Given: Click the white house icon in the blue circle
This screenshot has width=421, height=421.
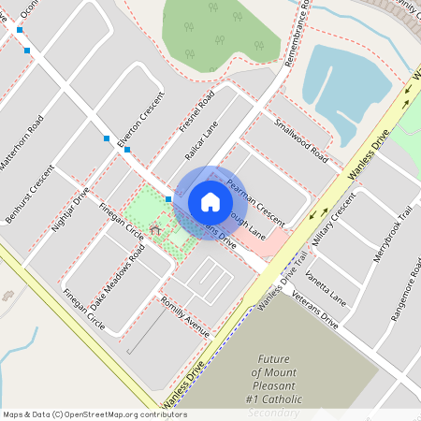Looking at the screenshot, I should click(210, 202).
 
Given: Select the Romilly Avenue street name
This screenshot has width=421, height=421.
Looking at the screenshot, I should click(184, 314).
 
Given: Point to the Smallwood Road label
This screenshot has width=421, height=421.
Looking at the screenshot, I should click(300, 138).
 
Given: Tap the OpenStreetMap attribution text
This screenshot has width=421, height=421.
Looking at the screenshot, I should click(94, 414).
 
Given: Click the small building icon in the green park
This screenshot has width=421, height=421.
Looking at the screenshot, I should click(154, 228).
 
